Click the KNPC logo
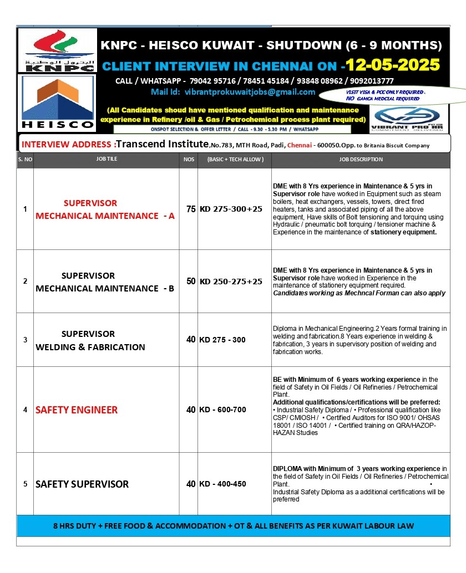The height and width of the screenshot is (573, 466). [57, 50]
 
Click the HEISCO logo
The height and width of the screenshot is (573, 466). [57, 103]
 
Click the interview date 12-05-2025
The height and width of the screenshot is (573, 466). [393, 65]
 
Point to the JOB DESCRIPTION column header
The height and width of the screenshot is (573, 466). [361, 160]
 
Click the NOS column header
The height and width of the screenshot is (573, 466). [189, 160]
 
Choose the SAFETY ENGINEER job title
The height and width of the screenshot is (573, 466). [77, 410]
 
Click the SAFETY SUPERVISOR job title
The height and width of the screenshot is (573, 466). [82, 484]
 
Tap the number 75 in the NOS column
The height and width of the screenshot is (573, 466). [191, 209]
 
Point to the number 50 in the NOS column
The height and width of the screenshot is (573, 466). [191, 282]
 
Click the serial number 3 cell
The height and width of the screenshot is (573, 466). [25, 340]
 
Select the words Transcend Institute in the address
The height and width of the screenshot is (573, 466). [161, 144]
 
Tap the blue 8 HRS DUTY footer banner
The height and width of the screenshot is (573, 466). [233, 526]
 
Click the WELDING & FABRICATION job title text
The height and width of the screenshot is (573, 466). [90, 347]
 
